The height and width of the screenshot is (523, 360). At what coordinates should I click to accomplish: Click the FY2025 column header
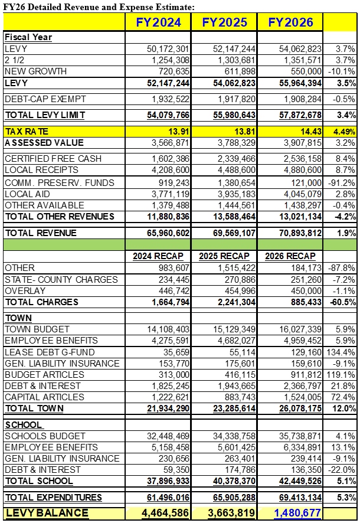(224, 22)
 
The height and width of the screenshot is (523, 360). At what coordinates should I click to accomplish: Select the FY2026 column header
(291, 22)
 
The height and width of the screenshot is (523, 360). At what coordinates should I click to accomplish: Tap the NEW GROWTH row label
(35, 71)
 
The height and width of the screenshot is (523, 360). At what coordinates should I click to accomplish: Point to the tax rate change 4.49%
(344, 132)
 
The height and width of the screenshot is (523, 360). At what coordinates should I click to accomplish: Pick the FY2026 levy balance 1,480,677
(297, 513)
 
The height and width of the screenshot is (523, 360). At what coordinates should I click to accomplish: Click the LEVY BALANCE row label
(47, 513)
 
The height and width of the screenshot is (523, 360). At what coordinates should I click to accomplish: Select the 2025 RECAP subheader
(224, 256)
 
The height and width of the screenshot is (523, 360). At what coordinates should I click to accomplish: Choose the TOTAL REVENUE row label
(41, 233)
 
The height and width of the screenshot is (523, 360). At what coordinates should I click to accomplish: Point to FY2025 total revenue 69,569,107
(234, 233)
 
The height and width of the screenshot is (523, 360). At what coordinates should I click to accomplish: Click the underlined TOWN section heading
(18, 318)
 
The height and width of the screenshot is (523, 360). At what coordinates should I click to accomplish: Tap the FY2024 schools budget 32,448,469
(168, 436)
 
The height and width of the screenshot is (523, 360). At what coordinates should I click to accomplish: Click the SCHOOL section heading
(24, 425)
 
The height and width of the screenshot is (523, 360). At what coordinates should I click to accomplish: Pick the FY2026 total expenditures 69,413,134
(300, 498)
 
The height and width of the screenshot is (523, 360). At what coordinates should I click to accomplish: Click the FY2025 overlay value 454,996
(240, 291)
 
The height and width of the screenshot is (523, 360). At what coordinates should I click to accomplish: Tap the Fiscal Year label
(28, 37)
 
